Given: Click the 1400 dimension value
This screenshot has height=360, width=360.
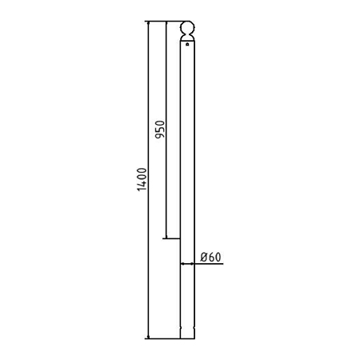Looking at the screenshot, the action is click(x=142, y=179).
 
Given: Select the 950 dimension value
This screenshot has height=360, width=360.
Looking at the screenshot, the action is click(x=160, y=130).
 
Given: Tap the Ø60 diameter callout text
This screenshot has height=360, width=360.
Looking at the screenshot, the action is click(x=210, y=257).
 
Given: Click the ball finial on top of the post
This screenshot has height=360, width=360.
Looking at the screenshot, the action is click(x=187, y=27).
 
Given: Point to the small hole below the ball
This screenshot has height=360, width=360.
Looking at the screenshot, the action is click(x=187, y=44).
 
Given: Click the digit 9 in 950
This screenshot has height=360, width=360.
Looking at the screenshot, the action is click(x=160, y=136).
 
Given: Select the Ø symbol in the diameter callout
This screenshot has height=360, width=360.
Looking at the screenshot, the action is click(x=204, y=257).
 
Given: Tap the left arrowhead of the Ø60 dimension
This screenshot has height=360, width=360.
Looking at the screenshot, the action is click(x=182, y=264).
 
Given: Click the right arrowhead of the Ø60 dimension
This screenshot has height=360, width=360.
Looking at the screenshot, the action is click(x=192, y=264).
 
